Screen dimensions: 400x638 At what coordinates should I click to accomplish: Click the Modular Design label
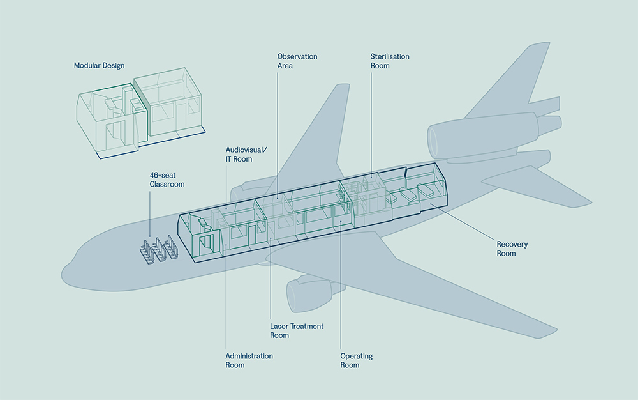click(x=99, y=66)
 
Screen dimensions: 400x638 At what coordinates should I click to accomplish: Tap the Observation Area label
click(x=297, y=61)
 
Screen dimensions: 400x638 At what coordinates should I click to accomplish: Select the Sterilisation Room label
click(x=390, y=61)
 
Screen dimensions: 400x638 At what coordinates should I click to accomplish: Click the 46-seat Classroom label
click(x=167, y=180)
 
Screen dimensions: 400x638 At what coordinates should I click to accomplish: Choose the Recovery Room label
click(x=512, y=249)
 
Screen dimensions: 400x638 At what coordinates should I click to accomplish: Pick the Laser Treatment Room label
click(x=297, y=330)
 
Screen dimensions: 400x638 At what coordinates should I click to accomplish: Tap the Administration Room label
click(x=249, y=360)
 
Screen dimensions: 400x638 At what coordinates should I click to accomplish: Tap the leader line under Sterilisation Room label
click(x=371, y=121)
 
